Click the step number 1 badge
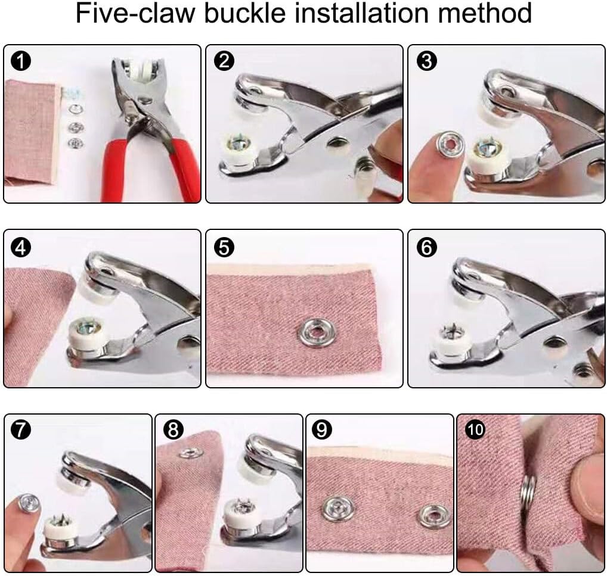pyautogui.click(x=21, y=61)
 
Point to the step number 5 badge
pyautogui.click(x=224, y=247)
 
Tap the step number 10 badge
pyautogui.click(x=475, y=429)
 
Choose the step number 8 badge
pyautogui.click(x=173, y=429)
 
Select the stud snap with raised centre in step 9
pyautogui.click(x=339, y=509)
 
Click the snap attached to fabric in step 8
pyautogui.click(x=190, y=452)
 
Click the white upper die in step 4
pyautogui.click(x=95, y=291)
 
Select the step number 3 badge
pyautogui.click(x=426, y=61)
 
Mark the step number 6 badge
pyautogui.click(x=426, y=247)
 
